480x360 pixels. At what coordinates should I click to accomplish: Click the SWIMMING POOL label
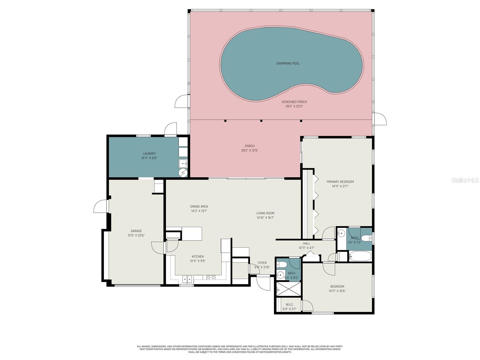tap(288, 64)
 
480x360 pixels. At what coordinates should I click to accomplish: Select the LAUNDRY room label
tap(149, 154)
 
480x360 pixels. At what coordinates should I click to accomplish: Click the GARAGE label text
tap(136, 231)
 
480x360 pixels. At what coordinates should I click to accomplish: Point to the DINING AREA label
tap(199, 206)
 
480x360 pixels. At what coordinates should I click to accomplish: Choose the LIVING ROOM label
tap(265, 213)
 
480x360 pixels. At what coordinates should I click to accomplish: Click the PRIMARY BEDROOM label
tap(340, 182)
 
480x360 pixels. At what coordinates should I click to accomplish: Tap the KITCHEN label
tap(198, 256)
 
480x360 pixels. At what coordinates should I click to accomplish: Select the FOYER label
tap(262, 263)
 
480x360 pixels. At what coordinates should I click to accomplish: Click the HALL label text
tap(306, 244)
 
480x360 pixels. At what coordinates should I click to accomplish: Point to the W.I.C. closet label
tap(289, 304)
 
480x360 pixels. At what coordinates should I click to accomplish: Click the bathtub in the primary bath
tap(360, 256)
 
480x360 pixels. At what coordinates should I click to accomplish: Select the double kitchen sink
tap(187, 279)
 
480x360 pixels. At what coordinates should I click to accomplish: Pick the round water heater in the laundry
tap(183, 173)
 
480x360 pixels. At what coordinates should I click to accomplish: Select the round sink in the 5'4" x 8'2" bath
tap(281, 275)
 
